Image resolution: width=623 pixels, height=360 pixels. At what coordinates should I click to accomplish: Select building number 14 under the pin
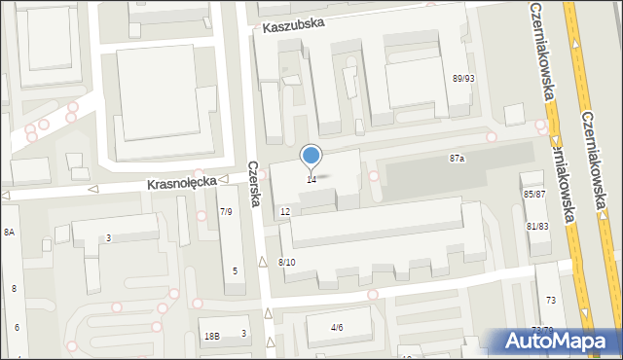coord(311,179)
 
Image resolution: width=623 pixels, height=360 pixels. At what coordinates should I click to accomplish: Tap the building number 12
coord(285,211)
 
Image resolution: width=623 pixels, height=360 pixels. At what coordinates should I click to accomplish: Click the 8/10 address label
coord(286,263)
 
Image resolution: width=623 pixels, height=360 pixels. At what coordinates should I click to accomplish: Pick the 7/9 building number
coord(226,211)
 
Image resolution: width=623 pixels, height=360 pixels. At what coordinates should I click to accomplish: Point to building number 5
coord(236,270)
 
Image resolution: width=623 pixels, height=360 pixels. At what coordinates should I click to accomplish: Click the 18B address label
coord(211,336)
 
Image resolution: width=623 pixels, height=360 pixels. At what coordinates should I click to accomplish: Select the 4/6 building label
coord(337,327)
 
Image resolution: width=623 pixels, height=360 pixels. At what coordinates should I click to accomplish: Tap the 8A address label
coord(10,232)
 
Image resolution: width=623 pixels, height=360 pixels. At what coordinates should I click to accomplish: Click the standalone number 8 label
coord(14,289)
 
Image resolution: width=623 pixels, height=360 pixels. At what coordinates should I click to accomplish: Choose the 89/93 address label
coord(463,79)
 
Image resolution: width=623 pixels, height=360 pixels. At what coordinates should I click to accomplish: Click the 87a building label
coord(457,158)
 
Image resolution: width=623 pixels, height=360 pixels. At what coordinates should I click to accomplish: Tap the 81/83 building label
coord(537,226)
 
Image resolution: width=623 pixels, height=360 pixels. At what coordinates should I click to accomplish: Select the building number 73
coord(550,301)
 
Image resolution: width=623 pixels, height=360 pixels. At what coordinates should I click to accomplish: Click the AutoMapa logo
coord(560,342)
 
